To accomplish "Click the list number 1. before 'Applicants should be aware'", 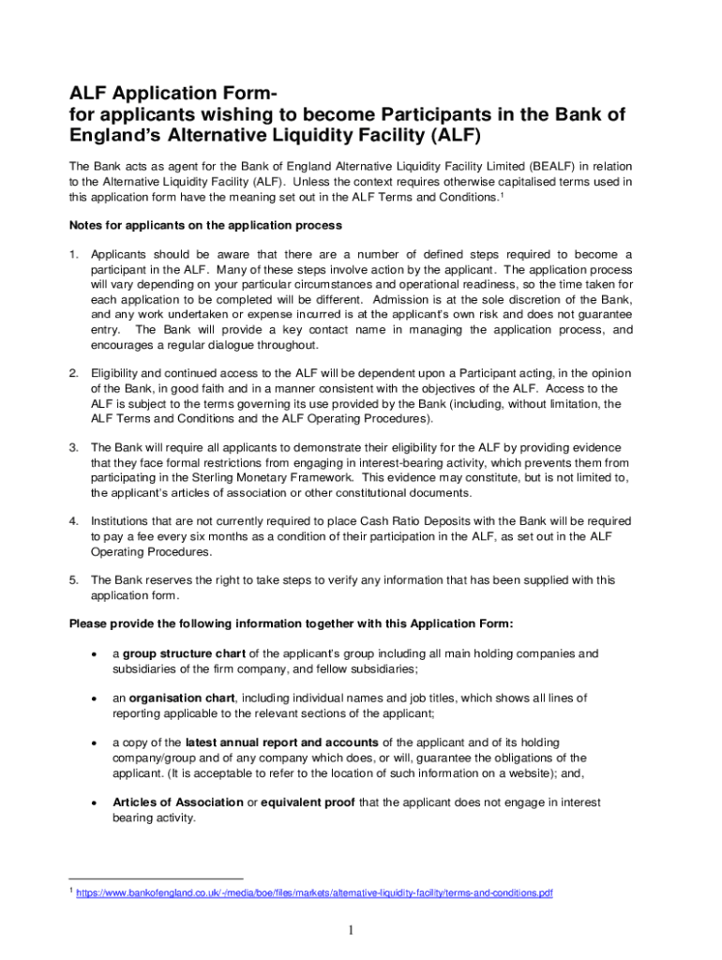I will [x=74, y=255].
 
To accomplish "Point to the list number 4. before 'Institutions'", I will [x=74, y=520].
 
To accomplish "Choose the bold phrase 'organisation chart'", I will [x=182, y=697].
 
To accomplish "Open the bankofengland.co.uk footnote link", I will [x=314, y=893].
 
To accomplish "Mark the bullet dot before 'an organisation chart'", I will [x=93, y=698].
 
